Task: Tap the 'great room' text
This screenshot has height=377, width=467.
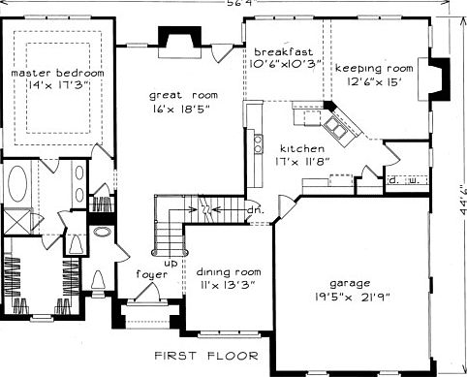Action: click(x=178, y=95)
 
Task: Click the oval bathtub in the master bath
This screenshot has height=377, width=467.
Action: click(x=19, y=183)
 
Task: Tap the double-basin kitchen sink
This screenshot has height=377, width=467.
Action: click(x=339, y=124)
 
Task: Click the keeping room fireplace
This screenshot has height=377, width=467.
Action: click(x=438, y=76)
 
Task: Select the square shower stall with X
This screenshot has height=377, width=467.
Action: click(x=14, y=222)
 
